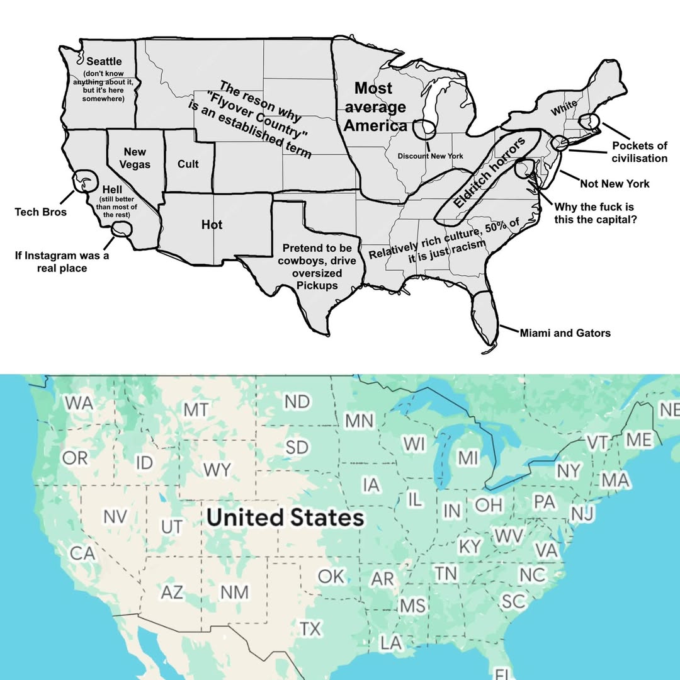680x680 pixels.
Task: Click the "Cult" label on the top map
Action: [x=188, y=164]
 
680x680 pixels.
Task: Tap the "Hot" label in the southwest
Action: [x=212, y=225]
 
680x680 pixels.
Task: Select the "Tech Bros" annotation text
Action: [x=41, y=212]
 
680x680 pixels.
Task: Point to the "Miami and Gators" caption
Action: [x=565, y=333]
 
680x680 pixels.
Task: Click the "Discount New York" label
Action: [x=430, y=156]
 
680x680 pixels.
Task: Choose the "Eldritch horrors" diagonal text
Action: [x=489, y=175]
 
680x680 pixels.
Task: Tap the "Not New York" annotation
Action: [x=614, y=184]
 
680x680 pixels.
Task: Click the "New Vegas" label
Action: [x=135, y=158]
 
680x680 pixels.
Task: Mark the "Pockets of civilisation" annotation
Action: [x=639, y=152]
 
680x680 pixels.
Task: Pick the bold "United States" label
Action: [x=285, y=518]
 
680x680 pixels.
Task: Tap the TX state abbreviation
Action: [x=310, y=628]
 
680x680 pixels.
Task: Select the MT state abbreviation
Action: [x=196, y=410]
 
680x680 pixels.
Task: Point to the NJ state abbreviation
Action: [x=582, y=514]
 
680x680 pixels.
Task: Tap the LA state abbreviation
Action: [x=391, y=643]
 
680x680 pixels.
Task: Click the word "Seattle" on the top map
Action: [x=104, y=62]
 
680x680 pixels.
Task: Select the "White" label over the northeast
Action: [x=564, y=109]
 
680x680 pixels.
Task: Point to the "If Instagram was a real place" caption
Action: [x=62, y=262]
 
